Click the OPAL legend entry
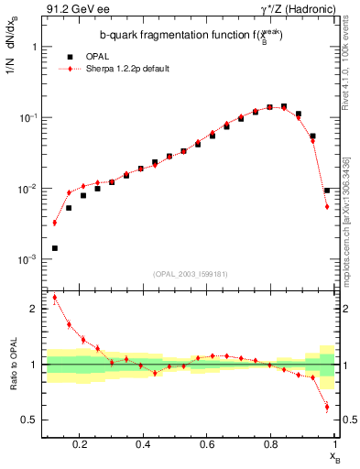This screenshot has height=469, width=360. (x=95, y=56)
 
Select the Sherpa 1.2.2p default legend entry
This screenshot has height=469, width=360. (x=126, y=68)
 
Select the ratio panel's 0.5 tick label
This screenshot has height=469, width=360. (x=31, y=420)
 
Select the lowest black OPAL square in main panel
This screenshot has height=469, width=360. (x=54, y=248)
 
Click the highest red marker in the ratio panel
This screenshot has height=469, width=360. (x=54, y=297)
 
